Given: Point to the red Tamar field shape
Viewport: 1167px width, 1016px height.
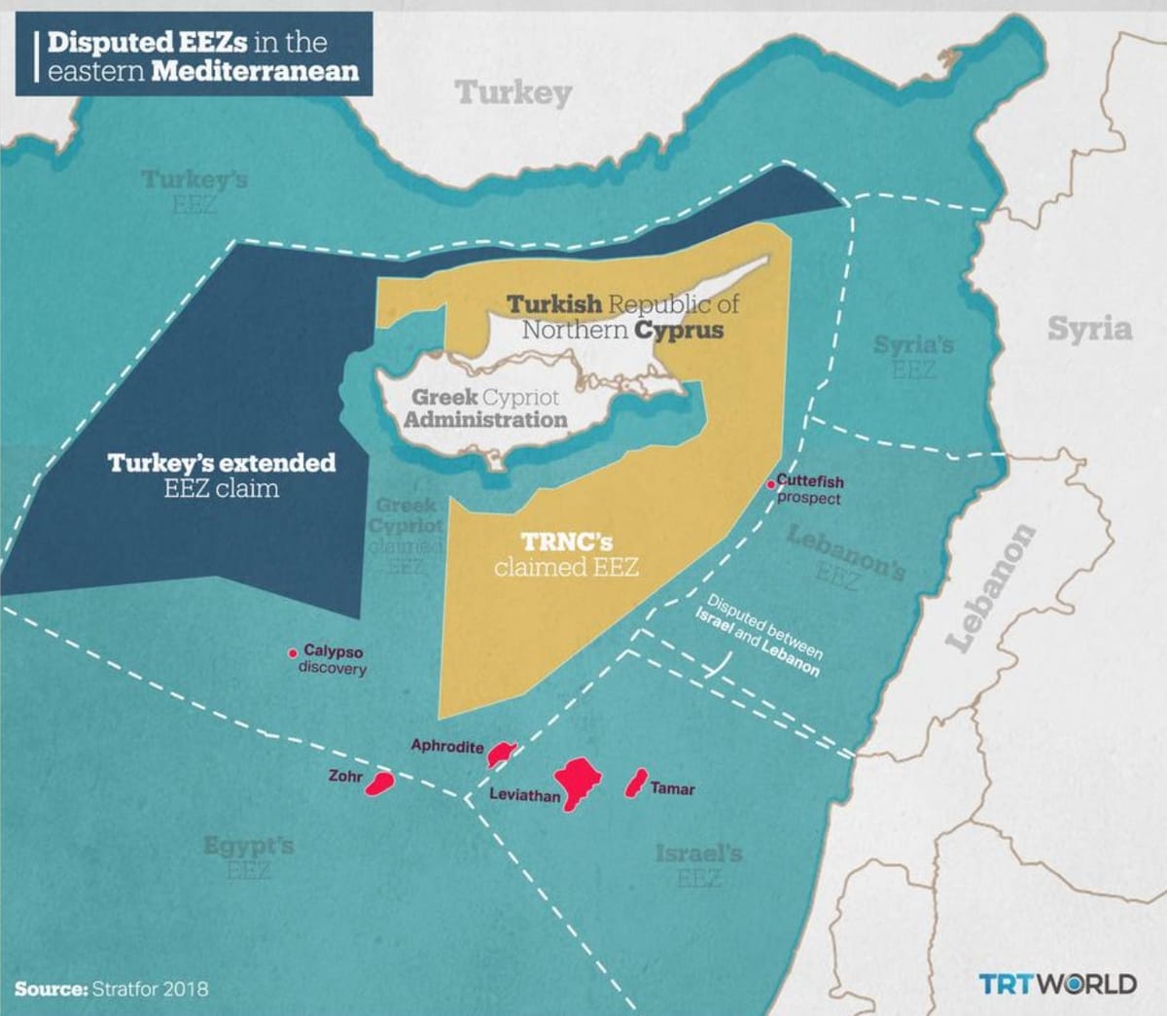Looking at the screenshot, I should [636, 781].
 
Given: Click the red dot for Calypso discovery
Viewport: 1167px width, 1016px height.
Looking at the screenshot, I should [293, 652].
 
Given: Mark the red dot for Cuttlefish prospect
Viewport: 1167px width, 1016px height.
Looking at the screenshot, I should [771, 483].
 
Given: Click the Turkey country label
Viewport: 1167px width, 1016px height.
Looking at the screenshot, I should [513, 93].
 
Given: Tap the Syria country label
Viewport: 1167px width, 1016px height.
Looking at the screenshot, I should [1089, 330].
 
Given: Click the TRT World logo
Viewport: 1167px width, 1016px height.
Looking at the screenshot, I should [1056, 983].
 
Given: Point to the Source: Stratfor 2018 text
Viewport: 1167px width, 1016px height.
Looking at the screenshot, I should [111, 990].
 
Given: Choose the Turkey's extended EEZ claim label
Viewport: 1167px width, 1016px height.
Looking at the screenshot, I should [222, 474].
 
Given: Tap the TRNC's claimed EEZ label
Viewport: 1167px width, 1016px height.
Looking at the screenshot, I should [566, 554].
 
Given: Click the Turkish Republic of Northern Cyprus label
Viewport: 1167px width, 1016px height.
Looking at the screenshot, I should [622, 317].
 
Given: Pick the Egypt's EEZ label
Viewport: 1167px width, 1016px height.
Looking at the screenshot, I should [248, 857].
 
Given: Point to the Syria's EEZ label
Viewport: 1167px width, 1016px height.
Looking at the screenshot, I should [913, 357].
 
